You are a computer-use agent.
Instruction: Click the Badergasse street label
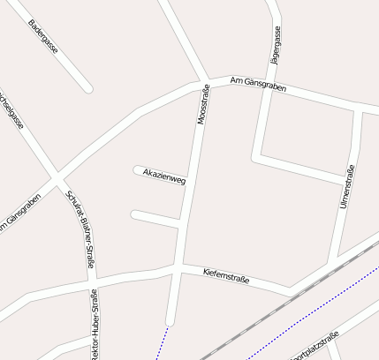pyautogui.click(x=42, y=36)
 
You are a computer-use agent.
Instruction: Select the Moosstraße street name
pyautogui.click(x=202, y=105)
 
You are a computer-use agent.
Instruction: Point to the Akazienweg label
pyautogui.click(x=164, y=175)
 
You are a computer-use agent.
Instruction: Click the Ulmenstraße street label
pyautogui.click(x=347, y=187)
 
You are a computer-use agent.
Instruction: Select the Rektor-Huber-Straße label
pyautogui.click(x=94, y=325)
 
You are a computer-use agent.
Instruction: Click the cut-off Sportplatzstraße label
pyautogui.click(x=315, y=346)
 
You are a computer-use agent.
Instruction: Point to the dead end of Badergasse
pyautogui.click(x=87, y=88)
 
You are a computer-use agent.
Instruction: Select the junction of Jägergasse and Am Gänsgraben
pyautogui.click(x=269, y=89)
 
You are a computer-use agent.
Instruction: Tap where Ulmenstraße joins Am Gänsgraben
pyautogui.click(x=357, y=110)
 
